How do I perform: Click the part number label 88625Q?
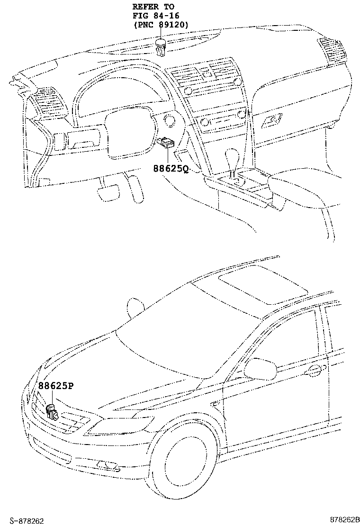(x=170, y=168)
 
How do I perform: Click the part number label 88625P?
(x=55, y=386)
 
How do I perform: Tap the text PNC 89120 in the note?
(x=161, y=24)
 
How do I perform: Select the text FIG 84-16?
(x=156, y=16)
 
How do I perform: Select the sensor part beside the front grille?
(x=52, y=413)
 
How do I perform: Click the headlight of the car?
(x=126, y=423)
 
